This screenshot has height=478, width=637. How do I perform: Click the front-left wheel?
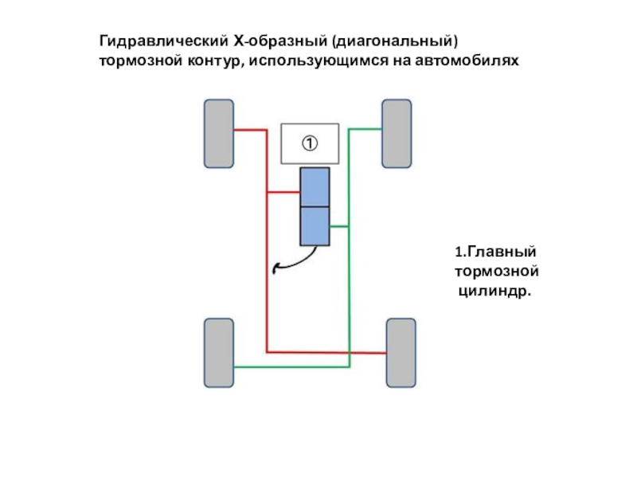[219, 133]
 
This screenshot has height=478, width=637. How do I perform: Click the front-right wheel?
[397, 133]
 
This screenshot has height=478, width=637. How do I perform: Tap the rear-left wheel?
[219, 353]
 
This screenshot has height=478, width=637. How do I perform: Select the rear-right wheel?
[401, 353]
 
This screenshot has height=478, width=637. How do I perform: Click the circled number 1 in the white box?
[309, 143]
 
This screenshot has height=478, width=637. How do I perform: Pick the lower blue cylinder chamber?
[315, 226]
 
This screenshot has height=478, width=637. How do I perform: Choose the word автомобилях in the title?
[471, 61]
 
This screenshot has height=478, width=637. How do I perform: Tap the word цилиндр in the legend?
[491, 292]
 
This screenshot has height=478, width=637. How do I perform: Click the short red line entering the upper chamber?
[283, 191]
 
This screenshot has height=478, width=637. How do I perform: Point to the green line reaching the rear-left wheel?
[263, 367]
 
